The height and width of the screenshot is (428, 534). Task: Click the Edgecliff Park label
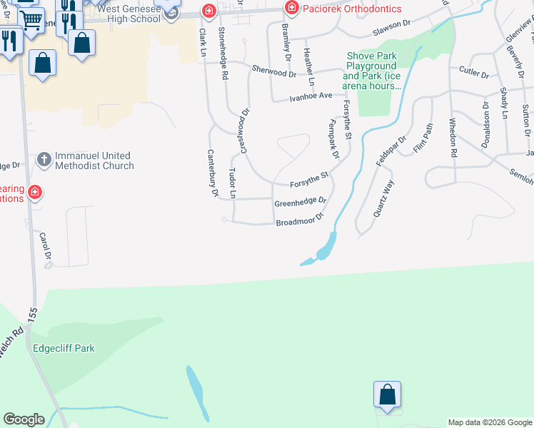pyautogui.click(x=64, y=349)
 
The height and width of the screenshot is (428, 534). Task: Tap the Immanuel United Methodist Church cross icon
pyautogui.click(x=44, y=160)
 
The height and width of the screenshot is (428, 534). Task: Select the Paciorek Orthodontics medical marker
pyautogui.click(x=291, y=9)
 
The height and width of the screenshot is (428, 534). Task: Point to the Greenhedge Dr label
pyautogui.click(x=300, y=203)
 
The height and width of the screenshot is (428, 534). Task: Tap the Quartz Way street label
pyautogui.click(x=384, y=198)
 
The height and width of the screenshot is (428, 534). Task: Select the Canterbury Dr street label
pyautogui.click(x=212, y=172)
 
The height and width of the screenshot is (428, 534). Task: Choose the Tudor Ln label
pyautogui.click(x=232, y=183)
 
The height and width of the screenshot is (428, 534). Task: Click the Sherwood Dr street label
pyautogui.click(x=273, y=71)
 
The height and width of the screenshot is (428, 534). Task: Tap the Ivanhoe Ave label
pyautogui.click(x=311, y=96)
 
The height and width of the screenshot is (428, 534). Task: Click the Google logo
pyautogui.click(x=24, y=420)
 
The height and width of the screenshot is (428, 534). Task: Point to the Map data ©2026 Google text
pyautogui.click(x=490, y=422)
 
